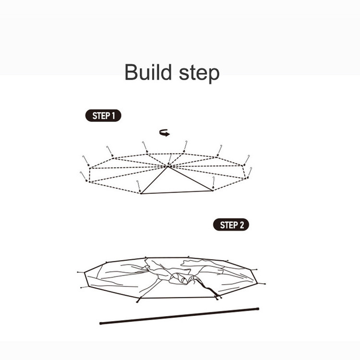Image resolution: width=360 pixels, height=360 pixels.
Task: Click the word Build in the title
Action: click(148, 72)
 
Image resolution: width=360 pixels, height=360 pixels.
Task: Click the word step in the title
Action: click(199, 73)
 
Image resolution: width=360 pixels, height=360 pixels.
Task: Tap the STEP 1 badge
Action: click(103, 116)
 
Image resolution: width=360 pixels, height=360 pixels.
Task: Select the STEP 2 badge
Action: click(231, 225)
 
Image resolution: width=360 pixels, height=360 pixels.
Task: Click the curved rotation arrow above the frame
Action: click(165, 132)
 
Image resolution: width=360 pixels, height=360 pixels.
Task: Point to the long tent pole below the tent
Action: click(180, 316)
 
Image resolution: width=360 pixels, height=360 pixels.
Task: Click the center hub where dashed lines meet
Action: click(168, 166)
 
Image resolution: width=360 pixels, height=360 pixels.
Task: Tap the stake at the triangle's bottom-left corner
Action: click(138, 186)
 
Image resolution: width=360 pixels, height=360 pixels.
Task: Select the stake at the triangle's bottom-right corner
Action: click(214, 183)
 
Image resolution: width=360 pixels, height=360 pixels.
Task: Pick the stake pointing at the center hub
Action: click(170, 159)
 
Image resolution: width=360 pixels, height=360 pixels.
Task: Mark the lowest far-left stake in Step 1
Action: click(84, 176)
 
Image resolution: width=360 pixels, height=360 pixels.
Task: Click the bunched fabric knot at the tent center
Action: click(181, 278)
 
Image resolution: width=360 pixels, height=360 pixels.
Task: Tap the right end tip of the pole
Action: click(258, 309)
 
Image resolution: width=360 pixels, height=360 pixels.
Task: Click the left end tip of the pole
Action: click(101, 323)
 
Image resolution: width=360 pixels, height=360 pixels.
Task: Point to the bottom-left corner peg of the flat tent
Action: click(138, 301)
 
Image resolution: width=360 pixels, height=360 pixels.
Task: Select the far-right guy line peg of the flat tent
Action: click(264, 284)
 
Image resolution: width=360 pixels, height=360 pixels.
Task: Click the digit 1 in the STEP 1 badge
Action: click(113, 116)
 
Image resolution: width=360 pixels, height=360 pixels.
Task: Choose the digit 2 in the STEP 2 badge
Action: click(241, 225)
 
